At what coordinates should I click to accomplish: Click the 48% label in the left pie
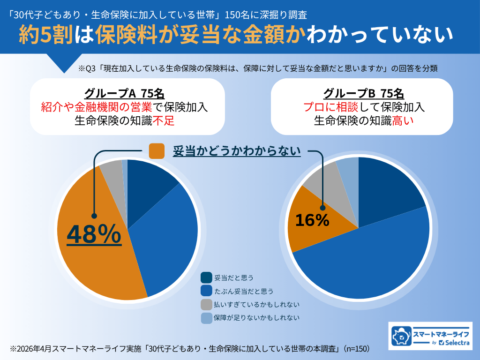pyautogui.click(x=94, y=235)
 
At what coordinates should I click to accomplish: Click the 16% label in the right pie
pyautogui.click(x=312, y=220)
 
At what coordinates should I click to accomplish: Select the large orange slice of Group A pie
pyautogui.click(x=89, y=262)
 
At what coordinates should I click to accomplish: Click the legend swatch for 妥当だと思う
pyautogui.click(x=206, y=277)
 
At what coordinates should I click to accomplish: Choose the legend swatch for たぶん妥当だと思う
pyautogui.click(x=206, y=291)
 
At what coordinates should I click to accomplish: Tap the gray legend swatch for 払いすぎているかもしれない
pyautogui.click(x=206, y=304)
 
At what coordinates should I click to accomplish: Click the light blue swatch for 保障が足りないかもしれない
pyautogui.click(x=206, y=318)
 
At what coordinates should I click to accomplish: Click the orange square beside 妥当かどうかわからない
pyautogui.click(x=157, y=151)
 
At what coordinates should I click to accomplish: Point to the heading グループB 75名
pyautogui.click(x=362, y=93)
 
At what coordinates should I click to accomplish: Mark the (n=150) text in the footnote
pyautogui.click(x=356, y=349)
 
